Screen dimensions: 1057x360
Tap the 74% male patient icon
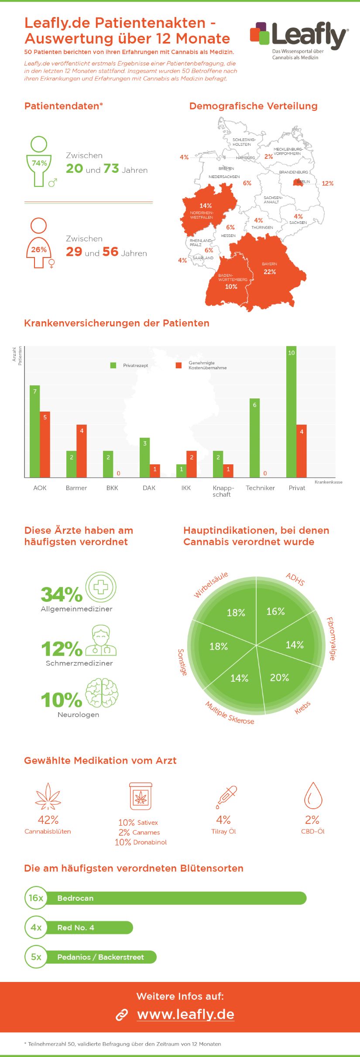coord(39,162)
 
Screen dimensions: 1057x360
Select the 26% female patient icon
coord(39,244)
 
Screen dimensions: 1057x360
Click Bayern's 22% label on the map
coord(270,271)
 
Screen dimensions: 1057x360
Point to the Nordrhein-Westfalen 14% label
coord(206,206)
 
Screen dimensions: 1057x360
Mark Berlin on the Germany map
coord(298,182)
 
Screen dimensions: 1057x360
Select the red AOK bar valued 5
coord(45,444)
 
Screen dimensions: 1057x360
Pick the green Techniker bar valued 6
coord(254,438)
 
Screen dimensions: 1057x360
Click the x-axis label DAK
coord(149,488)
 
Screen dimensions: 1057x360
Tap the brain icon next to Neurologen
coord(102,693)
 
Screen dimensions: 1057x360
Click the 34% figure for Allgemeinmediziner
coord(62,594)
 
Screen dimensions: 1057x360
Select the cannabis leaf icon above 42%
coord(48,796)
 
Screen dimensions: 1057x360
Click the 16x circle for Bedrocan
coord(36,898)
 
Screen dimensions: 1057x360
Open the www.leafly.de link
coord(185,1014)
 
